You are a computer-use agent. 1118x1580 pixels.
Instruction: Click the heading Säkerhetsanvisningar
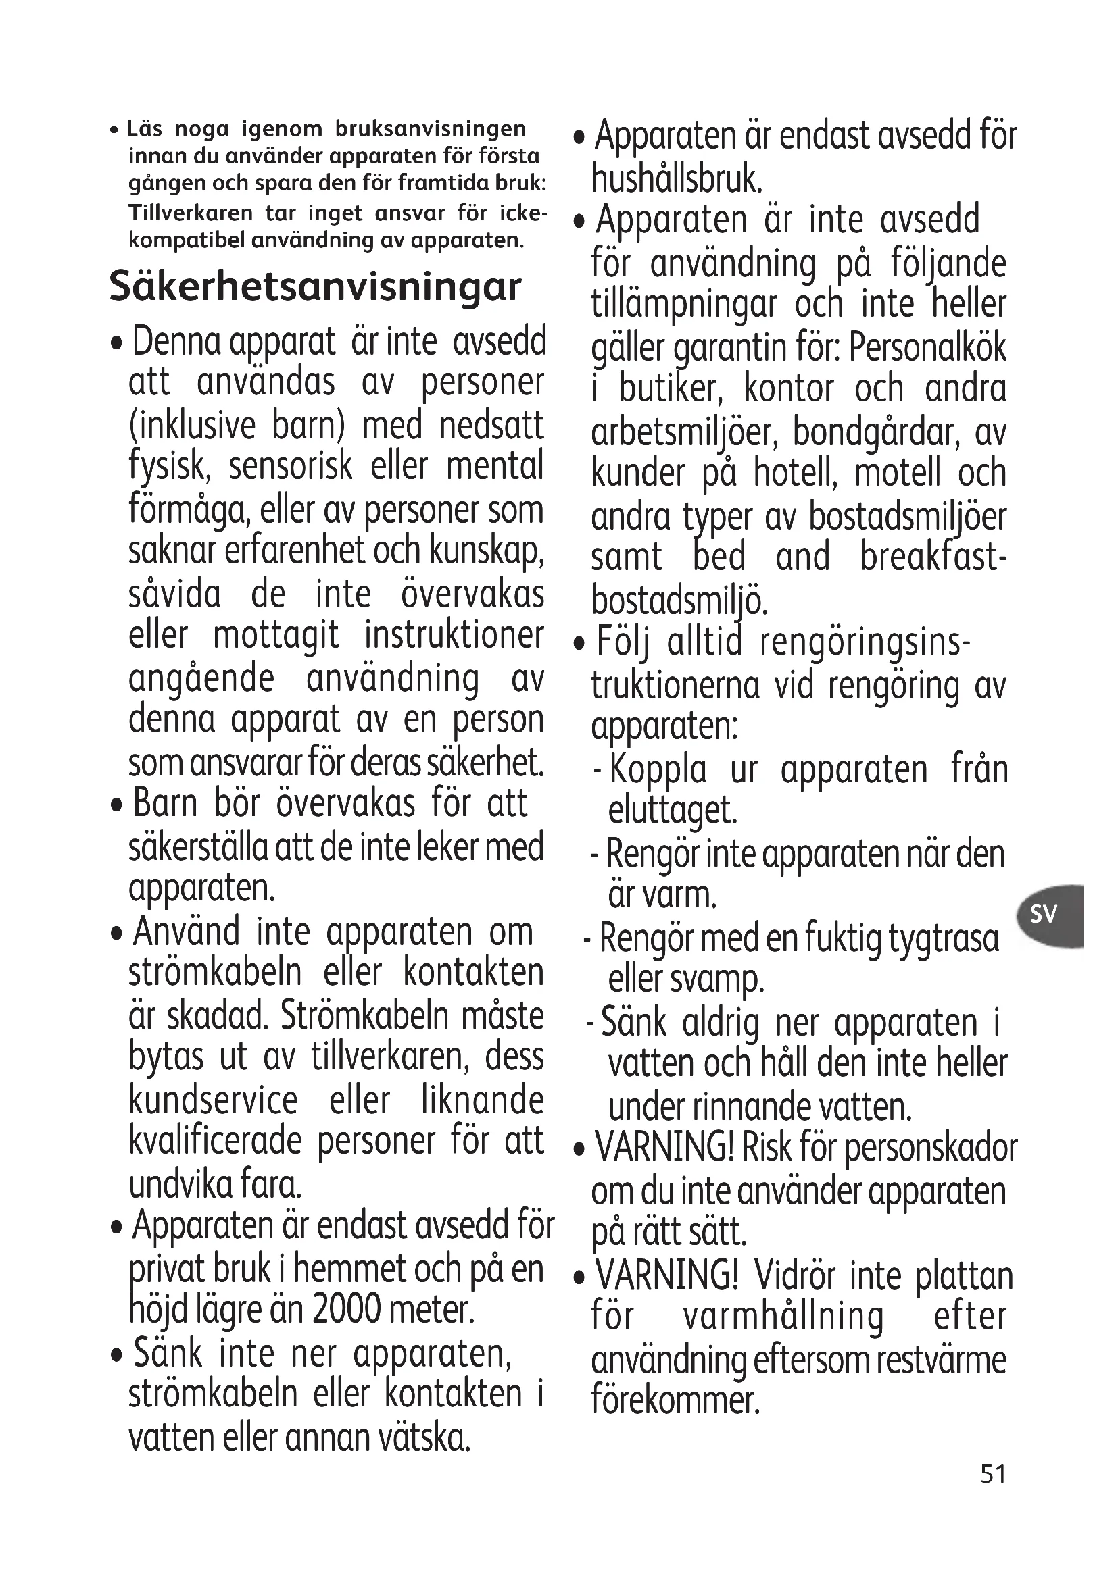[x=314, y=286]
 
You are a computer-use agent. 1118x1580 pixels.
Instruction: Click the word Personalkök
[x=927, y=347]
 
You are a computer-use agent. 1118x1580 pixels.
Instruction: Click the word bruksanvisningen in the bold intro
[x=431, y=129]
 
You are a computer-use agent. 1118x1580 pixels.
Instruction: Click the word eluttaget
[x=673, y=811]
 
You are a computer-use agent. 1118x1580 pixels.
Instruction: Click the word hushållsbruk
[x=677, y=179]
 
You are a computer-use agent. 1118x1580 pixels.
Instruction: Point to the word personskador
[x=931, y=1148]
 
